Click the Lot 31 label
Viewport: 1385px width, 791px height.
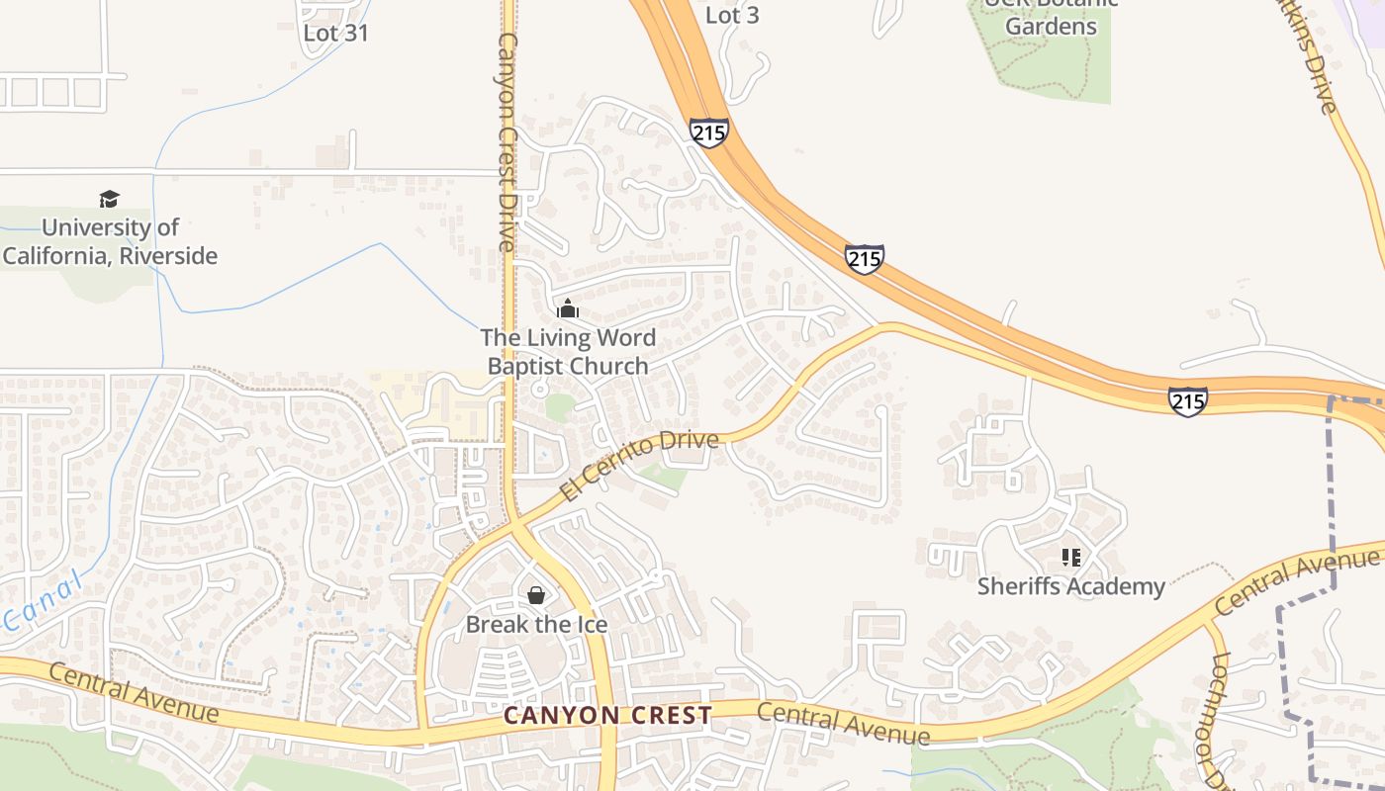(335, 33)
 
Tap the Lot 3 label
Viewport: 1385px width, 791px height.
(732, 15)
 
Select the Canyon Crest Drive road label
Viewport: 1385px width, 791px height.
(508, 141)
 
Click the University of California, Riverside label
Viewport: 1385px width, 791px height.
(110, 241)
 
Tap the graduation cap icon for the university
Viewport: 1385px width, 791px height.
(109, 200)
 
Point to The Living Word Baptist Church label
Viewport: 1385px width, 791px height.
(568, 351)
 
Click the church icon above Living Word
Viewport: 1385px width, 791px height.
(567, 308)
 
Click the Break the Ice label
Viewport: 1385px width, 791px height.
(536, 625)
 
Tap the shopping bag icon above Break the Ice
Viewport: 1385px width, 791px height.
(535, 594)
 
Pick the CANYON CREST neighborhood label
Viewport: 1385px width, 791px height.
(607, 715)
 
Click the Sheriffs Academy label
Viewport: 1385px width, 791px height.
(1070, 586)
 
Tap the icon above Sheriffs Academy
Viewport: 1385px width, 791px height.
(1070, 558)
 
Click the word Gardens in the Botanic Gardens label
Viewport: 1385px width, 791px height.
(1051, 26)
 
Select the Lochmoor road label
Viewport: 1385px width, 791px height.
(1218, 723)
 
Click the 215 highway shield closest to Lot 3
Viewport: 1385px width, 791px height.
(709, 132)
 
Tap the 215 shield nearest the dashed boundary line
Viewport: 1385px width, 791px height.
(1187, 400)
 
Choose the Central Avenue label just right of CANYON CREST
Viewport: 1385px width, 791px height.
(843, 724)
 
